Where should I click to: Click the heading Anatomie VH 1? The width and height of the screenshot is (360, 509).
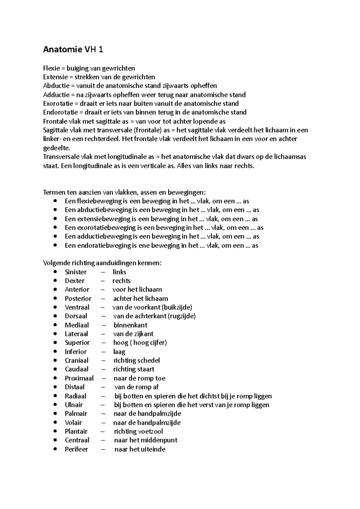[x=73, y=50]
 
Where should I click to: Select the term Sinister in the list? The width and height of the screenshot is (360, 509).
[x=76, y=272]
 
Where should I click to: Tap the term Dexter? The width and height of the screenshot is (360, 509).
[x=74, y=281]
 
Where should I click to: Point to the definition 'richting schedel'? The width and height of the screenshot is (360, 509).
[x=136, y=360]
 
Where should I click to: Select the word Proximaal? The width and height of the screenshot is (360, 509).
[x=79, y=378]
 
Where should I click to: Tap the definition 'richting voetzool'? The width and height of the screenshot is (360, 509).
[x=138, y=431]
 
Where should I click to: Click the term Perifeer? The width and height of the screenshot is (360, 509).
[x=76, y=449]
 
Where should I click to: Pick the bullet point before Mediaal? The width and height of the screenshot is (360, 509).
[x=55, y=325]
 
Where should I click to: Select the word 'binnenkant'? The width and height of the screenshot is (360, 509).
[x=130, y=325]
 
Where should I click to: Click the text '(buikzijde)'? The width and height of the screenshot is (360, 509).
[x=177, y=307]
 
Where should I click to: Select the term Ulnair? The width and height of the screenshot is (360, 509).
[x=73, y=405]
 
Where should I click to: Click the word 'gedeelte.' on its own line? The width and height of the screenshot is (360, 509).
[x=56, y=148]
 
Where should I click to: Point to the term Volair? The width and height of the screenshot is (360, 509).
[x=73, y=423]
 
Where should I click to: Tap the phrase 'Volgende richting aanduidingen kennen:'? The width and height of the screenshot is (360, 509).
[x=102, y=263]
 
